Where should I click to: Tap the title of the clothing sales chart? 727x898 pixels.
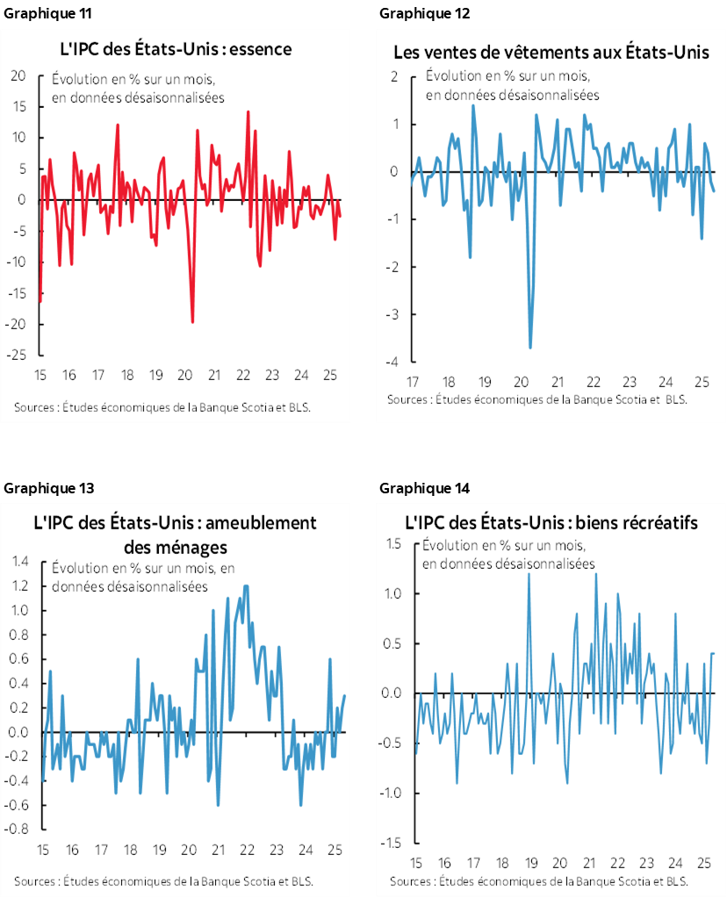click(550, 54)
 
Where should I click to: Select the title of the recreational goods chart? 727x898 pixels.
click(551, 523)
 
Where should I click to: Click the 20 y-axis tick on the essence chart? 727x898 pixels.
click(18, 75)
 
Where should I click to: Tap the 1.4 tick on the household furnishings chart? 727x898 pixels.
click(18, 561)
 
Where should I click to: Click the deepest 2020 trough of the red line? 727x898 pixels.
click(192, 322)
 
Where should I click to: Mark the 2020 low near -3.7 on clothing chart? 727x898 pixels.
click(529, 348)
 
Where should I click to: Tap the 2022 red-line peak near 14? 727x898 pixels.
click(248, 111)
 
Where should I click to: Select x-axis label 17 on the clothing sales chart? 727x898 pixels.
click(411, 384)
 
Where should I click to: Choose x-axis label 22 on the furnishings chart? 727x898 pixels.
click(248, 850)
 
